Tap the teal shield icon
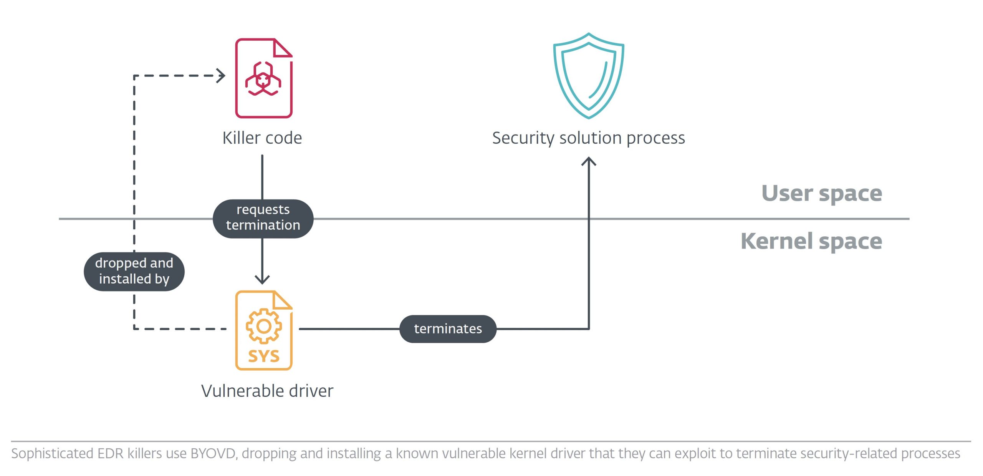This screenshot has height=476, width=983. point(588,76)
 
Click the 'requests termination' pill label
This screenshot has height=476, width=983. point(263,218)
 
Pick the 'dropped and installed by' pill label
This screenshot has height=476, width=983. point(134,271)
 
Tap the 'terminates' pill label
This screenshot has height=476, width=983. point(448,329)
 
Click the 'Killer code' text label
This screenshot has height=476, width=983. point(262,138)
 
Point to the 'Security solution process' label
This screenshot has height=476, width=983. point(588,138)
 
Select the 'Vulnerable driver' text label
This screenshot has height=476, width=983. point(267,391)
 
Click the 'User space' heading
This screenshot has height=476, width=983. point(821,193)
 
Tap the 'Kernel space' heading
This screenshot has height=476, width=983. point(811,241)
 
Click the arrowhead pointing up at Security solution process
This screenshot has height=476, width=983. point(589,161)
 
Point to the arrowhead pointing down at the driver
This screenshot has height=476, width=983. point(262,279)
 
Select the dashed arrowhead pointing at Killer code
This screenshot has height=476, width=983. point(221,76)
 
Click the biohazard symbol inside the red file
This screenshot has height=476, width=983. point(263,79)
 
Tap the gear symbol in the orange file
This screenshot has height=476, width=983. point(264,326)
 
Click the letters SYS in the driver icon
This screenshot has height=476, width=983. point(264,356)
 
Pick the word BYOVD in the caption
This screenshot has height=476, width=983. point(213,454)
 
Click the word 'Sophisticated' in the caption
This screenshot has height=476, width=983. point(52,454)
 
